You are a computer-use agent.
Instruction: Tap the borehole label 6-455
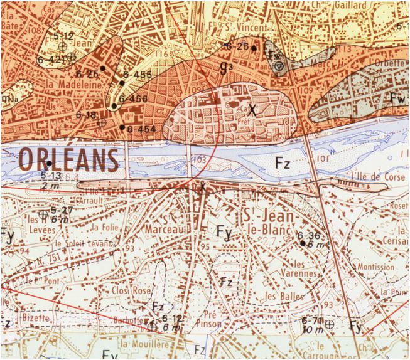[x=138, y=75]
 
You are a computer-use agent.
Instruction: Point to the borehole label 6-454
[x=141, y=129]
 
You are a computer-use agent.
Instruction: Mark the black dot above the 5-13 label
[x=49, y=164]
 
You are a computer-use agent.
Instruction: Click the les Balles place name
[x=284, y=295]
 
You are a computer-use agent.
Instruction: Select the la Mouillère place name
[x=145, y=343]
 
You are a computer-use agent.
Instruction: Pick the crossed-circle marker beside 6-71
[x=328, y=324]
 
